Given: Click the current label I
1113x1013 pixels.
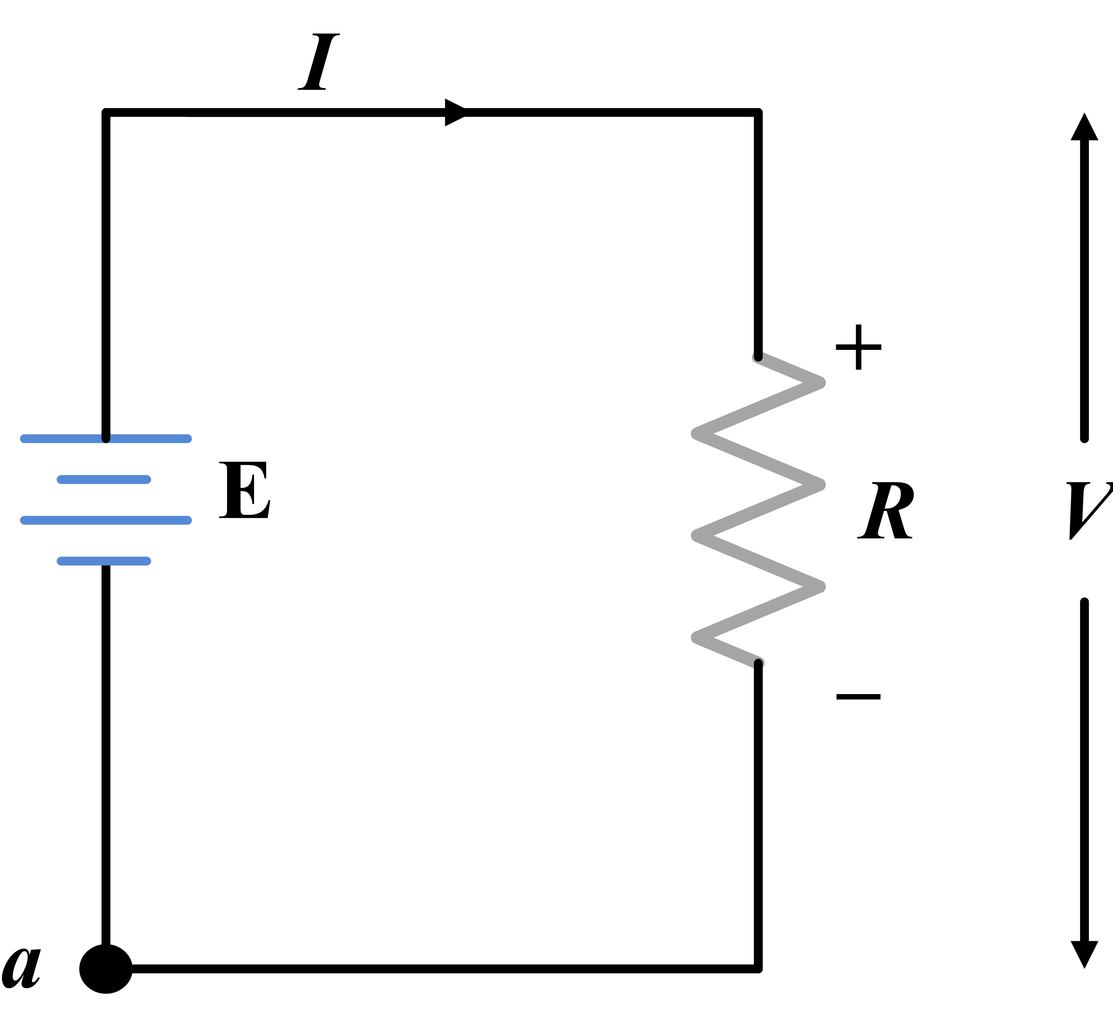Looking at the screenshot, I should click(318, 62).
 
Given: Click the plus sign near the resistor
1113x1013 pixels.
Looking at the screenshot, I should click(859, 347).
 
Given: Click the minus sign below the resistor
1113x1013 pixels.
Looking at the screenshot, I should click(859, 697).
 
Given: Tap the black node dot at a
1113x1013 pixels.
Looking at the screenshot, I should click(106, 969).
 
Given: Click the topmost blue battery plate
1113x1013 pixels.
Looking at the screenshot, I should click(106, 438).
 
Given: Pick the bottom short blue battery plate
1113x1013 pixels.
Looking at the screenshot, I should click(104, 561).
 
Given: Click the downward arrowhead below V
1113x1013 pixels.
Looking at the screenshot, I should click(1084, 953).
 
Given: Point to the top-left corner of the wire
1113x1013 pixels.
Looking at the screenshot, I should click(106, 113).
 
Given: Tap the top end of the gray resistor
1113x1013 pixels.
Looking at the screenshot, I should click(759, 357).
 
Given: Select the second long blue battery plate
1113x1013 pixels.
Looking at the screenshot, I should click(106, 520).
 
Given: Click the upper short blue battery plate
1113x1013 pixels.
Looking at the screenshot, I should click(104, 480).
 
